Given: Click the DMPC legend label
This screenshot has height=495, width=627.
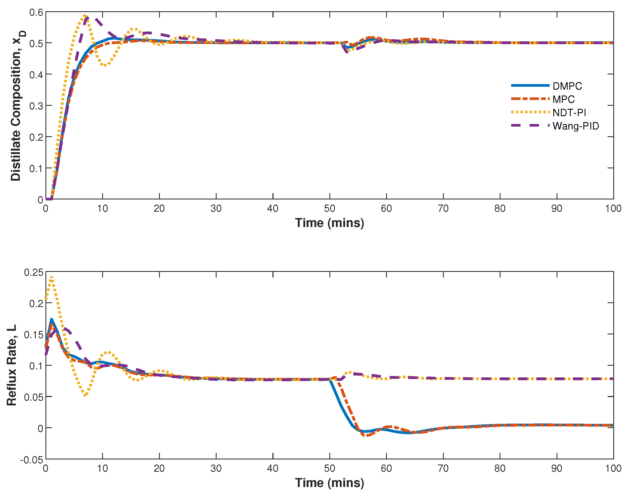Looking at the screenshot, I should coord(567,86).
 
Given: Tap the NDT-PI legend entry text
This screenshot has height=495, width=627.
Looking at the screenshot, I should coord(569,113).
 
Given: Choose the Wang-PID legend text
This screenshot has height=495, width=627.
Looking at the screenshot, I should coord(575,126).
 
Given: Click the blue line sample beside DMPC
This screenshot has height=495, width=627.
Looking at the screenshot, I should coord(530,85).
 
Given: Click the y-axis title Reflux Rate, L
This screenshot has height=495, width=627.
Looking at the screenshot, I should coord(12,365).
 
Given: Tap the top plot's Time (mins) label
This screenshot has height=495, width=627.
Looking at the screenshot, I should coord(329,223).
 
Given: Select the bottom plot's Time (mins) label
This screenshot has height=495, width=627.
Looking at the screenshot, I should coord(329,483).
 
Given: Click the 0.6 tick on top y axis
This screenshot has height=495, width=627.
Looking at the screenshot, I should coord(36,12).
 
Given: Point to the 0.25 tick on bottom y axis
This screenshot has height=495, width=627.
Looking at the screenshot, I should coord(33,272).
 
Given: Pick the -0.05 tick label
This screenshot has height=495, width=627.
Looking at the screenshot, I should coord(31,460).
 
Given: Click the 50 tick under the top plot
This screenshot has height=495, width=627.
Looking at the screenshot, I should coord(329,208).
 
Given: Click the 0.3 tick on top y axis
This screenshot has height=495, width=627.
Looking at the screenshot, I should coord(36,106).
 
